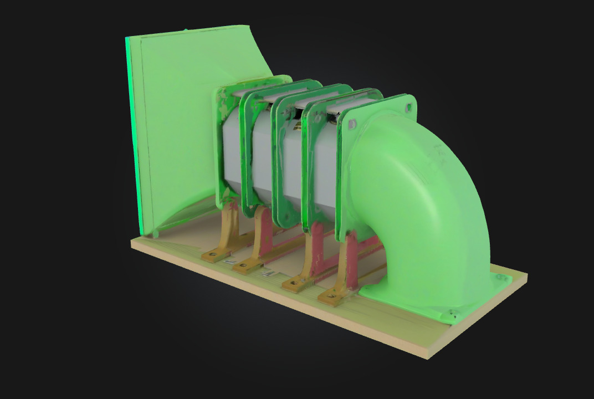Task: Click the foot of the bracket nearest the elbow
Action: tap(331, 298)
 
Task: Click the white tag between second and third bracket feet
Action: tap(268, 273)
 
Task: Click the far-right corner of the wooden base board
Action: tap(525, 275)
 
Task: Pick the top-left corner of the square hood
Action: tap(129, 38)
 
